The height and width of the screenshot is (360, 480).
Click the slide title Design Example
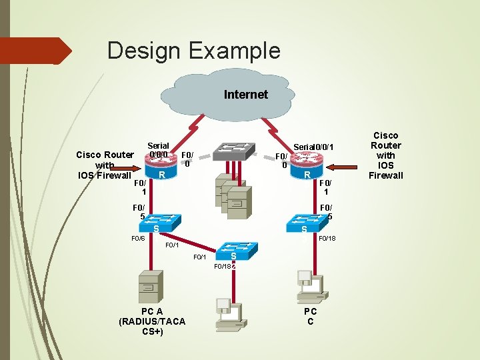pyautogui.click(x=193, y=51)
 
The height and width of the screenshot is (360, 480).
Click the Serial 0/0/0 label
pyautogui.click(x=158, y=150)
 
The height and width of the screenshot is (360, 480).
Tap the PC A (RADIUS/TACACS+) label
pyautogui.click(x=151, y=321)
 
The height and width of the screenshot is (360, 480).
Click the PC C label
pyautogui.click(x=310, y=316)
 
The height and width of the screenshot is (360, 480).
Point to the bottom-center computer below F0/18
pyautogui.click(x=229, y=313)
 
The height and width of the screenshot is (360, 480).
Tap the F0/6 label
pyautogui.click(x=138, y=238)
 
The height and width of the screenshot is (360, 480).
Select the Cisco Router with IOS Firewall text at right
pyautogui.click(x=386, y=155)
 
